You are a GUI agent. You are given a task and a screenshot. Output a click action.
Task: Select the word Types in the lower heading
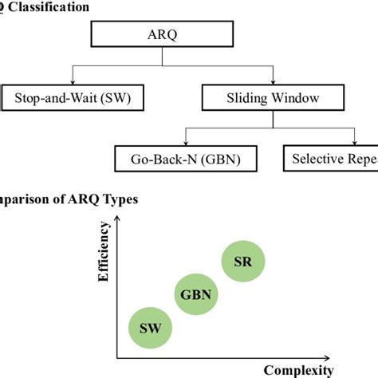(118, 199)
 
